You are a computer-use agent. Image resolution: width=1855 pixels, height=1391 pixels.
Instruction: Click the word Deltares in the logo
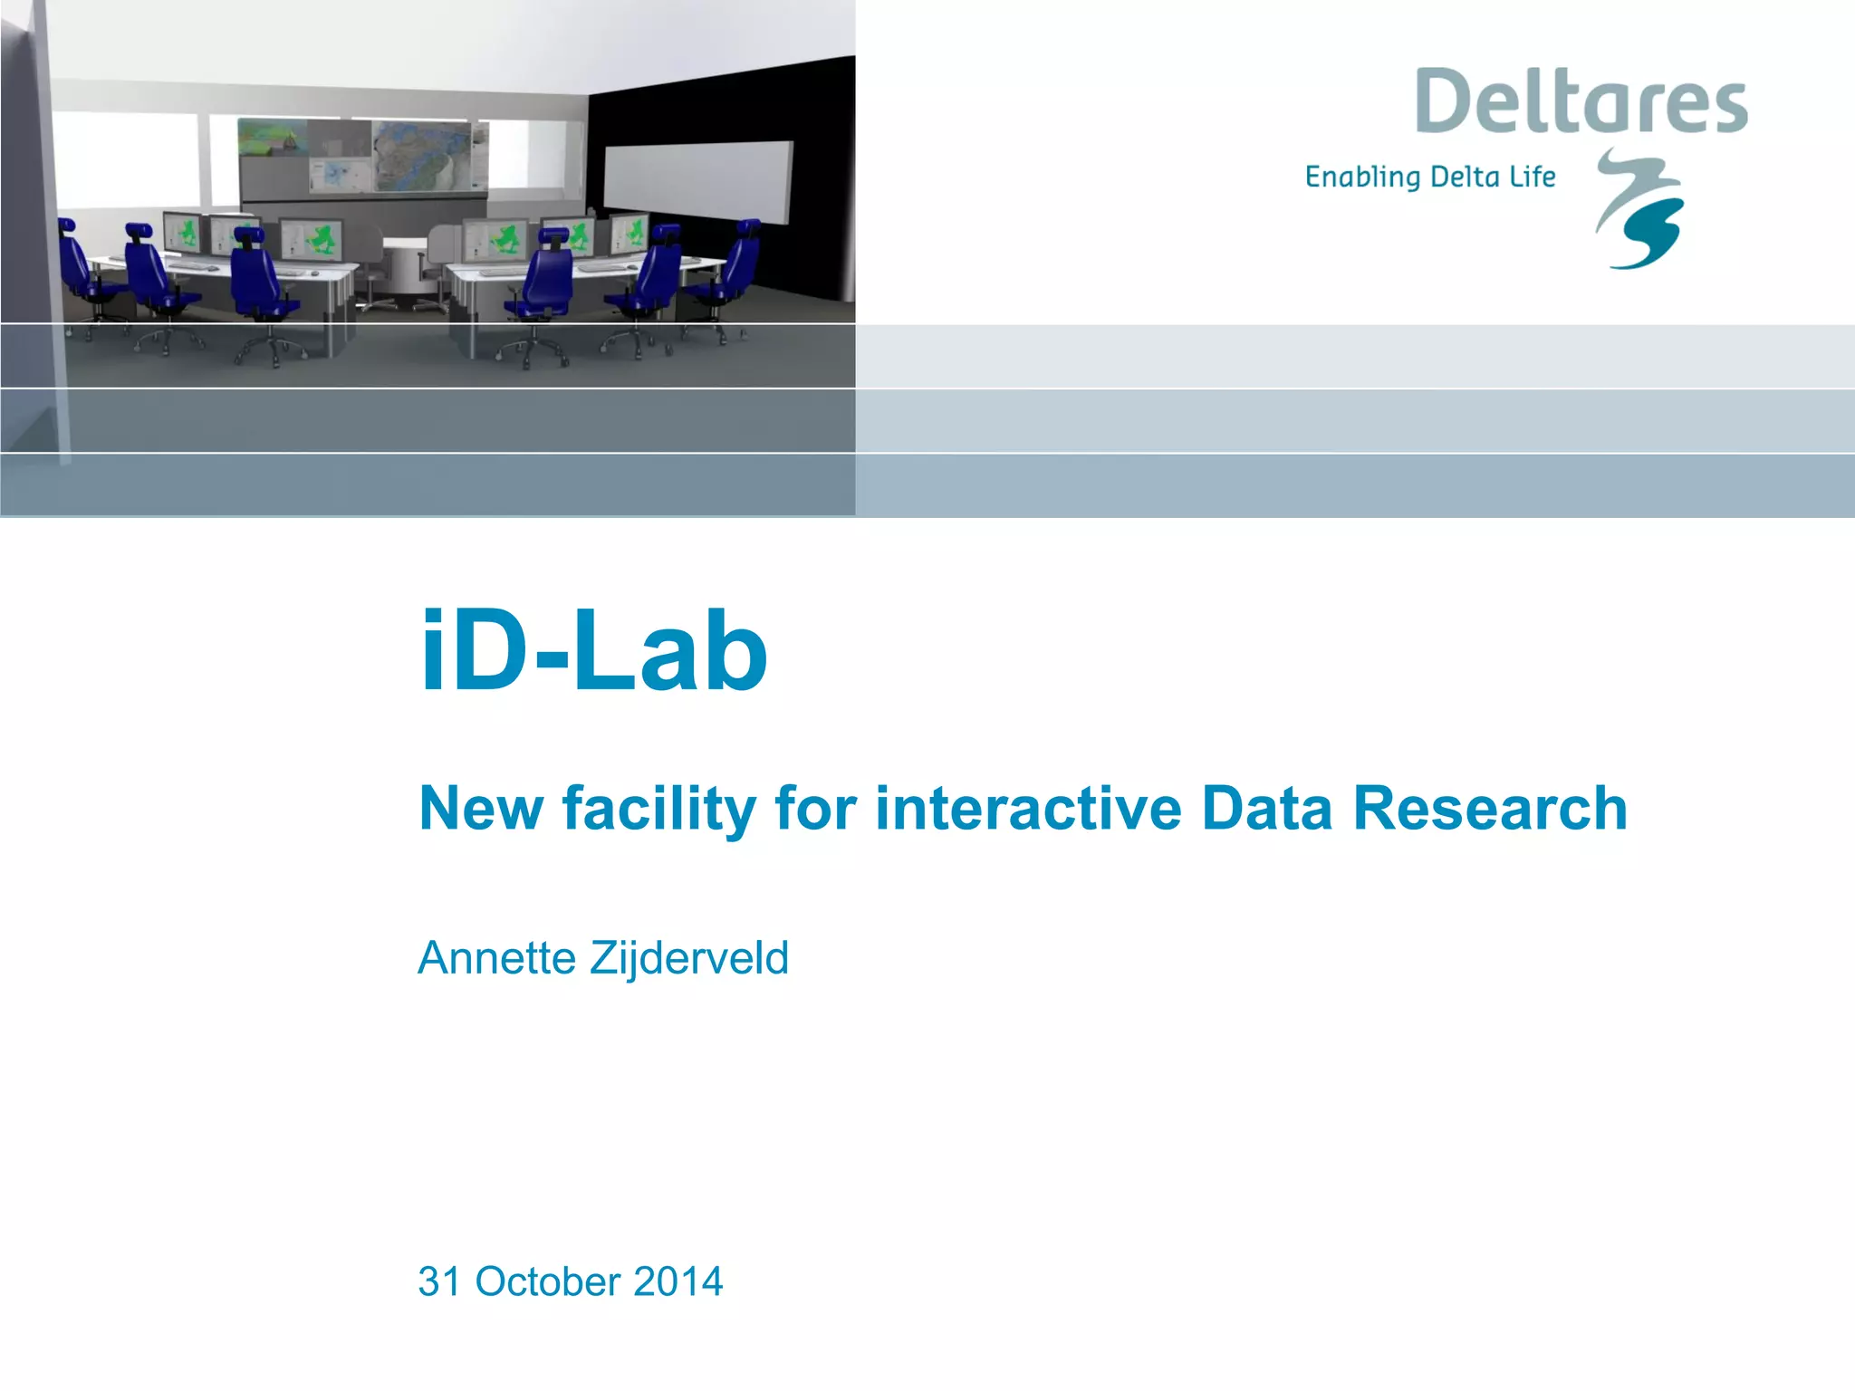[1581, 102]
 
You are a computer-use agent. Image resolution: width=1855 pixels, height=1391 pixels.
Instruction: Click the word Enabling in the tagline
[1363, 177]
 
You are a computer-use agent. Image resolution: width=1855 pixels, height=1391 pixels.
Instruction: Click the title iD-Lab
[593, 651]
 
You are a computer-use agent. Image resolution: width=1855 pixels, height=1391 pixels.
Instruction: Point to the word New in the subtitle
[480, 808]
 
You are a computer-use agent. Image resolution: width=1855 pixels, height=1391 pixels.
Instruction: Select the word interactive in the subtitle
[1028, 808]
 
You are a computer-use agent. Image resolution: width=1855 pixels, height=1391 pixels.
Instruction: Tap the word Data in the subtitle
[1266, 808]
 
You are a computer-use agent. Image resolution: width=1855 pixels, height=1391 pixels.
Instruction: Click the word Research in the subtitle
[1490, 808]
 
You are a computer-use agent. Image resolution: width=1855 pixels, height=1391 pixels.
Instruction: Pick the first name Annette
[496, 958]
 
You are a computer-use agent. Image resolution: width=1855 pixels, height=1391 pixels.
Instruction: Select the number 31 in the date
[439, 1281]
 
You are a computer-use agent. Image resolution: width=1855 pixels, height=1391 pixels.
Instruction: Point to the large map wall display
[362, 156]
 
